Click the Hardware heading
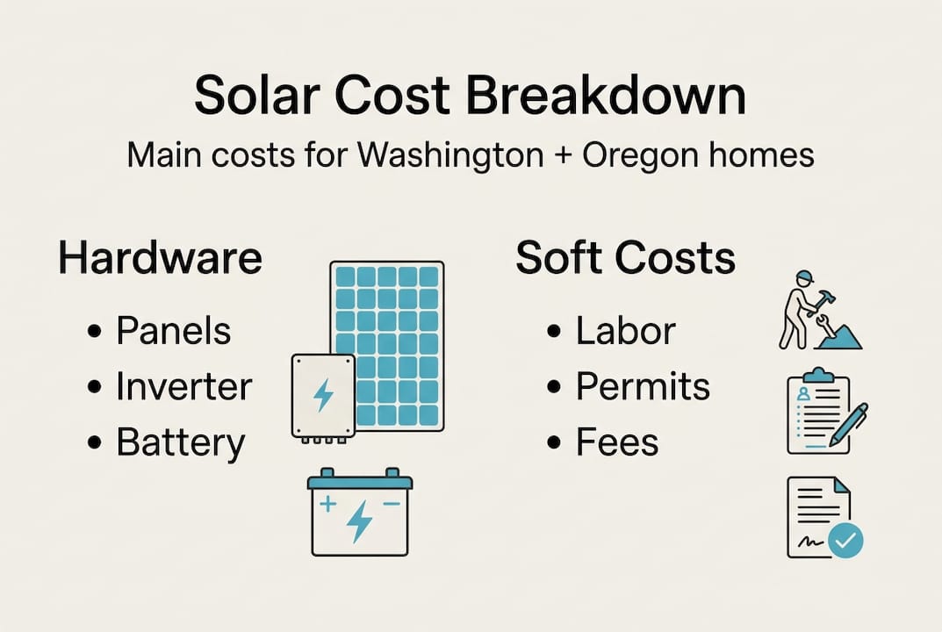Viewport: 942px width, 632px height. point(160,259)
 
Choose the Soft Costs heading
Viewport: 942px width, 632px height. point(625,259)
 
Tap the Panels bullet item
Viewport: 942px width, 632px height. point(173,331)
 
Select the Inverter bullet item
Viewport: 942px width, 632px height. point(183,387)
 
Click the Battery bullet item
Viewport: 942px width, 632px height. point(180,443)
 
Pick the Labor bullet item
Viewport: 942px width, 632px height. point(625,331)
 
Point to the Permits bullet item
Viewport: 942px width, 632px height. point(643,387)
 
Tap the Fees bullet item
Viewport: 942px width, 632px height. point(617,443)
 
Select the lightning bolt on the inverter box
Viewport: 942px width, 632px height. point(323,395)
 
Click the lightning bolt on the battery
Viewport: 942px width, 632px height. point(359,520)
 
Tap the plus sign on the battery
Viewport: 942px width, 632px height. point(328,504)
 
